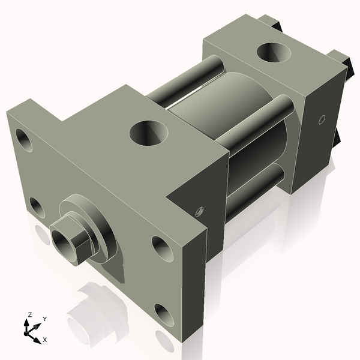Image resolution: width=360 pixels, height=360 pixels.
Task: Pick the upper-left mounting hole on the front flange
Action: click(x=24, y=139)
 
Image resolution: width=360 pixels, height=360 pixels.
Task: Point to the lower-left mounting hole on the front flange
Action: click(x=37, y=208)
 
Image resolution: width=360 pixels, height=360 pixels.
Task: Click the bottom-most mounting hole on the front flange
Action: click(x=164, y=314)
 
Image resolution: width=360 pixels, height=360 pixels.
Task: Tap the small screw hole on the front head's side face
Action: click(x=200, y=211)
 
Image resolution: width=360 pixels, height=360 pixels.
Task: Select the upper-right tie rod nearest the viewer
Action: click(x=255, y=124)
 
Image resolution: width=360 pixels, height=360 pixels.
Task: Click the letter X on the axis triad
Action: click(x=45, y=340)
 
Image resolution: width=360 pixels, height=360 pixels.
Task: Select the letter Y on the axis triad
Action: click(x=45, y=319)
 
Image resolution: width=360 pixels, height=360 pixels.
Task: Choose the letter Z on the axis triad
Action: click(x=29, y=314)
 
